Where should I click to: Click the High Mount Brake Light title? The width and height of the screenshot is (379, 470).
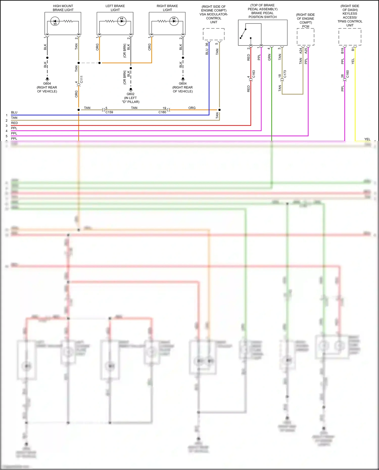point(63,8)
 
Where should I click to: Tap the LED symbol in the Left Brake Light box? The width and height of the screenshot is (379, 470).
point(122,21)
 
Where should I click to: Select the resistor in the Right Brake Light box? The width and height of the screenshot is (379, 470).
point(162,21)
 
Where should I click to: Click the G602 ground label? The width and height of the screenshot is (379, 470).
point(131,94)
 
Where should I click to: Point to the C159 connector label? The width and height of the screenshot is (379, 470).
point(109,112)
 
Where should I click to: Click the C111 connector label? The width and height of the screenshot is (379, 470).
point(81,79)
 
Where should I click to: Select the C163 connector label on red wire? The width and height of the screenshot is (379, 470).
point(254,74)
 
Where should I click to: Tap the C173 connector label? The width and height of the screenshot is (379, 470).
point(285,74)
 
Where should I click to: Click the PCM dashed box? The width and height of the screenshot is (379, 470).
point(305,37)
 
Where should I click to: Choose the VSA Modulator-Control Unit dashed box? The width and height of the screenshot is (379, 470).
point(214,34)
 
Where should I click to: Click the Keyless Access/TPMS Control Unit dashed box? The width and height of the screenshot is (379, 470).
point(350,37)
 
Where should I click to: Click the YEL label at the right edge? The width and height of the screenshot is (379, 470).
point(367,139)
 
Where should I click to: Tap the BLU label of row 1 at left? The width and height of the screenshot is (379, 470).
point(14,112)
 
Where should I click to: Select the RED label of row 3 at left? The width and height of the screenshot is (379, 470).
point(14,123)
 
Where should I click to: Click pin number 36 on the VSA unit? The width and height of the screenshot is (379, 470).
point(207,44)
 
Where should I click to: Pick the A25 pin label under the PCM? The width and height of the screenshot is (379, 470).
point(306,51)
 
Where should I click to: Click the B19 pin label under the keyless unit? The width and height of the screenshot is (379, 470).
point(343,51)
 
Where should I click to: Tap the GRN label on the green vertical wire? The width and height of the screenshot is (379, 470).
point(269,57)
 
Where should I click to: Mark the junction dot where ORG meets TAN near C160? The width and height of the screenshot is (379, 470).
point(219,110)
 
